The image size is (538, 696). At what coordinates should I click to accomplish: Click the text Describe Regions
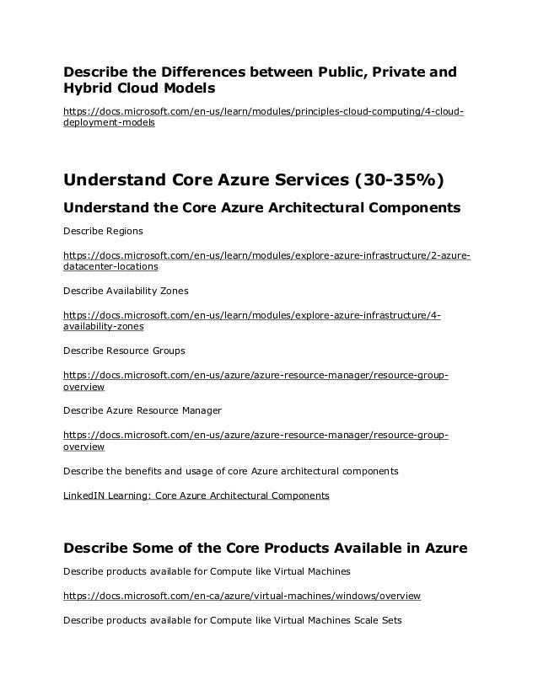103,231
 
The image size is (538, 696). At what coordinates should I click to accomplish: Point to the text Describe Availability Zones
126,291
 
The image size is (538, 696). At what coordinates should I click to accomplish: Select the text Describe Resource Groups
124,350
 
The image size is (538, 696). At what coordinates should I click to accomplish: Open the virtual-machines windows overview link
242,596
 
